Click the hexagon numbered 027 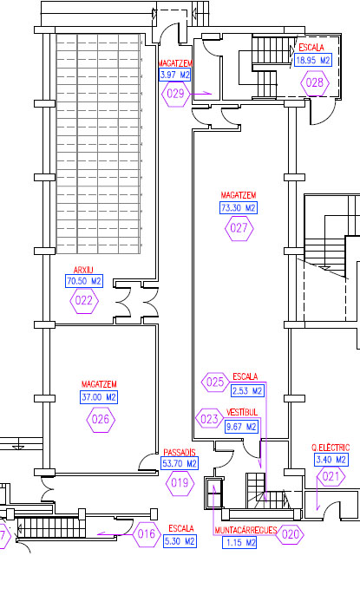(239, 228)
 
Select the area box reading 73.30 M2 (239, 208)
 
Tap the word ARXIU (83, 271)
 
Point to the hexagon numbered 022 (84, 301)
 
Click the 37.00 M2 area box (99, 397)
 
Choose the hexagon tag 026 (101, 420)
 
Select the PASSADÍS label (180, 453)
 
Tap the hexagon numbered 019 (180, 483)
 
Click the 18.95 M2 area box (313, 60)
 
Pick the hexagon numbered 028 (315, 82)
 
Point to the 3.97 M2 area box (174, 75)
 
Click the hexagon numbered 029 (175, 94)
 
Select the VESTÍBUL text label (242, 412)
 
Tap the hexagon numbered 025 (215, 382)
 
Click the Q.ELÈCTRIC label (331, 448)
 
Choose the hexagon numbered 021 (331, 476)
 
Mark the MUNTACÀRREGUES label (245, 530)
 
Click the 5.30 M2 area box (180, 541)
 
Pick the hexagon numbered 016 (147, 534)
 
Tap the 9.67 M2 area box (242, 427)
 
